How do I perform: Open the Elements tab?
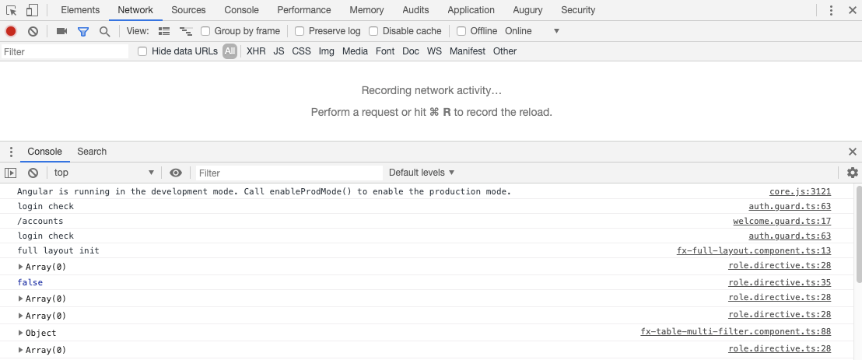tap(80, 10)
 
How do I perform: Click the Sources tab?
tap(188, 10)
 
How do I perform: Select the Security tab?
tap(578, 10)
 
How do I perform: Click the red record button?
tap(11, 31)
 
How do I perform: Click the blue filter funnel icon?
tap(83, 31)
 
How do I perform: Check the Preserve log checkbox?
tap(300, 31)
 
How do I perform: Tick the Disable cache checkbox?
tap(373, 31)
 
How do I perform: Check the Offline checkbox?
tap(461, 31)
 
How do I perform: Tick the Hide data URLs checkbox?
tap(142, 51)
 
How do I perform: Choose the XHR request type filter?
tap(256, 51)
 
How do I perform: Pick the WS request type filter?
tap(434, 51)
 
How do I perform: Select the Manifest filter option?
tap(468, 51)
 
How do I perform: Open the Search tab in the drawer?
tap(92, 152)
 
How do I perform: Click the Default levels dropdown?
tap(422, 173)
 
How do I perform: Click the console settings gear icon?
tap(853, 173)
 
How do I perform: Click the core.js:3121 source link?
tap(800, 192)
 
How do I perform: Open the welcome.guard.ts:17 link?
tap(782, 222)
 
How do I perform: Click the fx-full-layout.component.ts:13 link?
tap(754, 251)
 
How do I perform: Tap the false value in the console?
tap(30, 282)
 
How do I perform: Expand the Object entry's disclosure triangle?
tap(21, 333)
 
